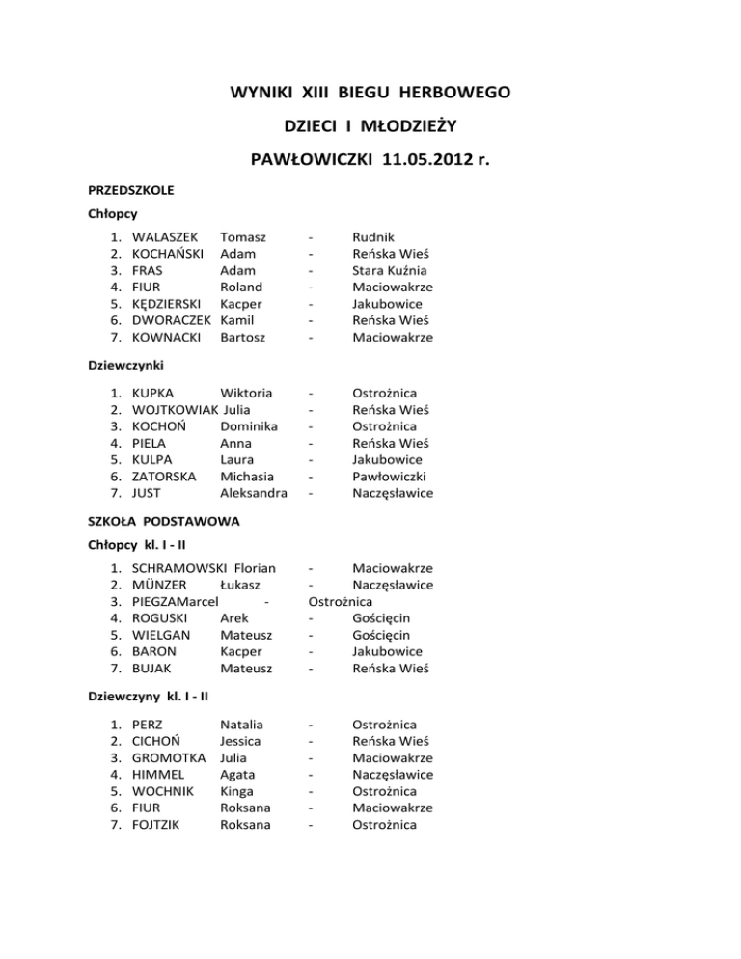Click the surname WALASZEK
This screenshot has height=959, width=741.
click(165, 236)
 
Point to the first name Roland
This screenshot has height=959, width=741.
click(241, 287)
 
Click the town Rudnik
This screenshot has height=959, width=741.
click(373, 236)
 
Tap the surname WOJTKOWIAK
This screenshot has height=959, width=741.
click(169, 409)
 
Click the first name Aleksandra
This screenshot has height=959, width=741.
click(254, 493)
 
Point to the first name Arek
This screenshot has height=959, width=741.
click(235, 618)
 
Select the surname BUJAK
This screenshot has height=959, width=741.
click(152, 669)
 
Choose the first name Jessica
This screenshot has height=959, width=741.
click(240, 741)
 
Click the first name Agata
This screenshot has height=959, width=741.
click(236, 775)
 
